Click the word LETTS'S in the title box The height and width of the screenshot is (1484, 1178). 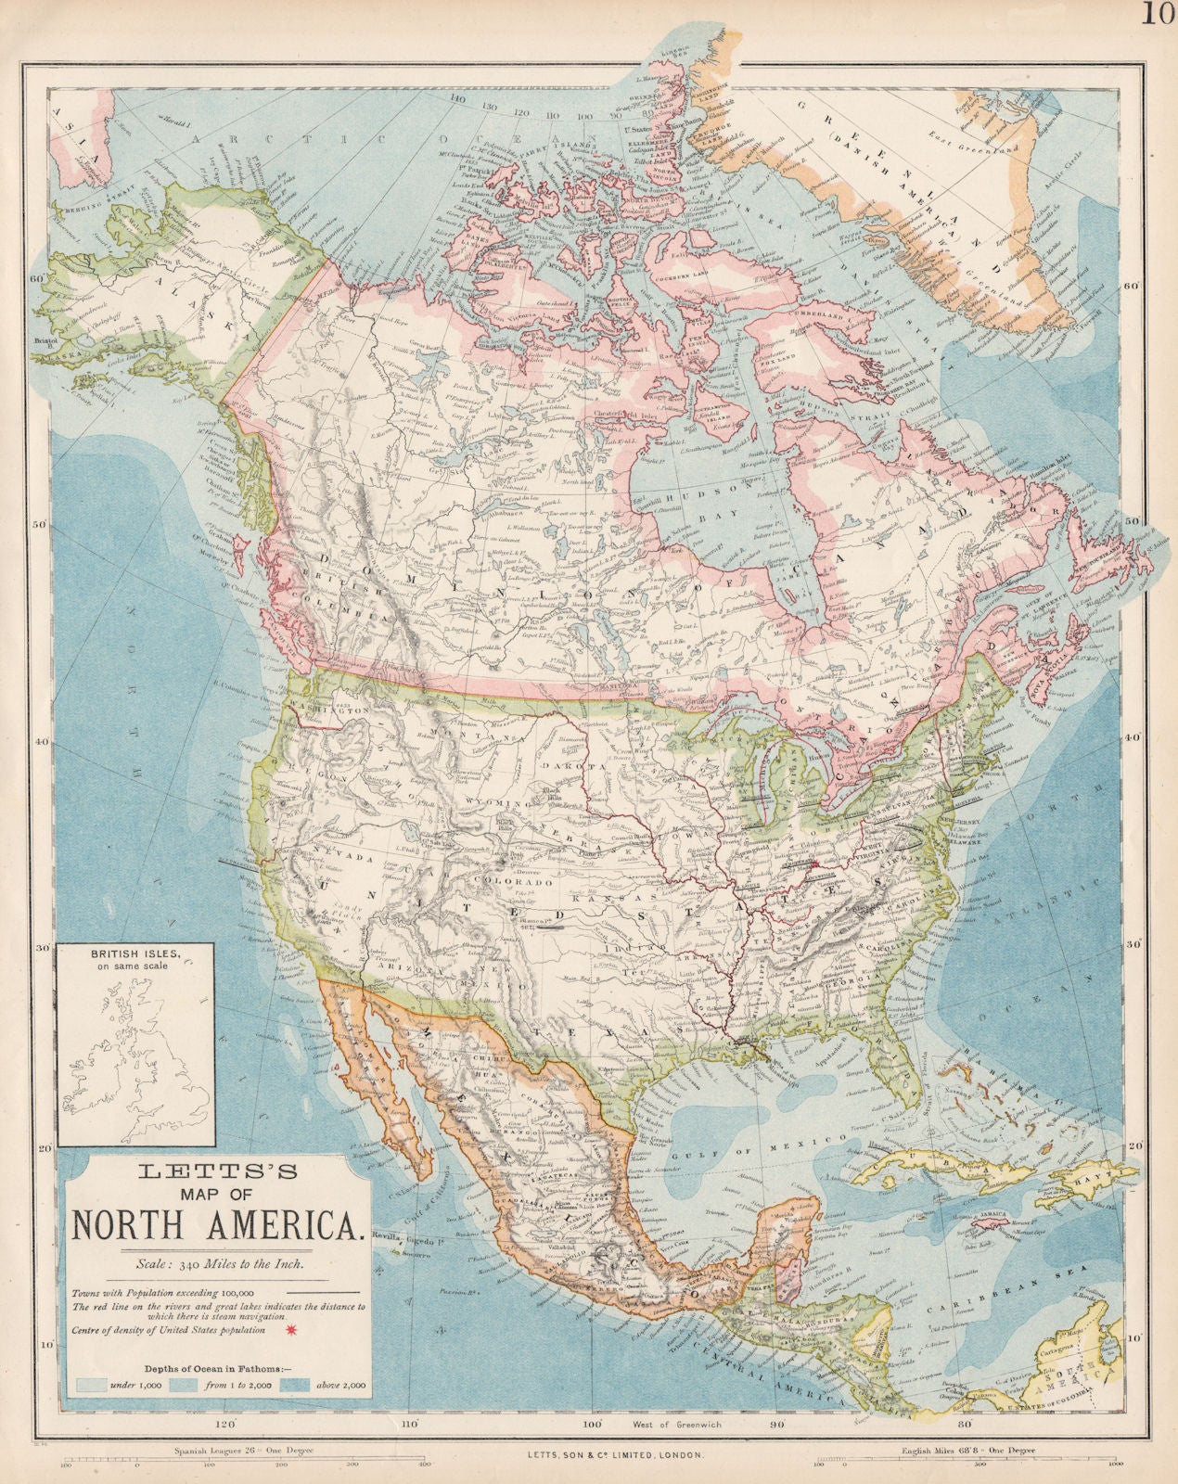coord(217,1171)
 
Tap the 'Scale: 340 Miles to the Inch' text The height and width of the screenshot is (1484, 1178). coord(217,1262)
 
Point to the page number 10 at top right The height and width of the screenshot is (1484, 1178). coord(1159,16)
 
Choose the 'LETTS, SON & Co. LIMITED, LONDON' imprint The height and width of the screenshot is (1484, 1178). coord(589,1457)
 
